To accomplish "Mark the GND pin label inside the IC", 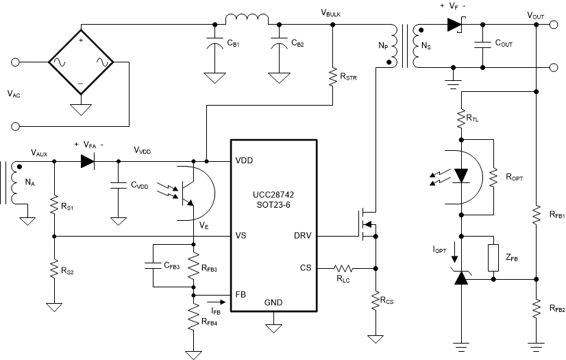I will (x=273, y=302).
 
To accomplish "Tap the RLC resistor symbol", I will (x=343, y=267).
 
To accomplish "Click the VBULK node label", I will (x=332, y=13).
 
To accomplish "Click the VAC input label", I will (x=14, y=95).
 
